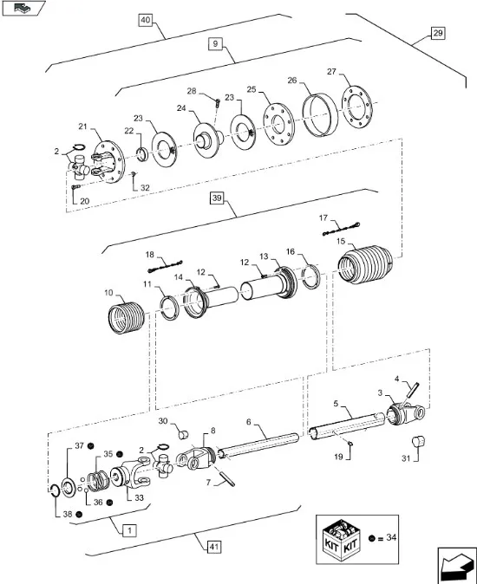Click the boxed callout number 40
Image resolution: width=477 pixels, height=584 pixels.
click(x=144, y=20)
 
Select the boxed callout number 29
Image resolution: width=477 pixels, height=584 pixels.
click(x=437, y=33)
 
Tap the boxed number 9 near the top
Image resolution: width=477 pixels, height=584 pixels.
click(x=213, y=42)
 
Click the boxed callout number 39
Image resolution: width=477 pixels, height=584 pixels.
click(x=217, y=198)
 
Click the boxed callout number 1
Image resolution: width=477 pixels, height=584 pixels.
click(x=128, y=529)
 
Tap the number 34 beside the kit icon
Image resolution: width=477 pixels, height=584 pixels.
click(x=393, y=537)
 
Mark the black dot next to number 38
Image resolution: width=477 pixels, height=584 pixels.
click(x=80, y=514)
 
